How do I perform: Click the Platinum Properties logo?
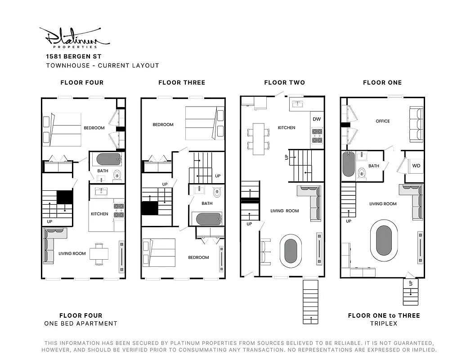(x=74, y=37)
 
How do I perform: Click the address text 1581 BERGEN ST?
(x=73, y=57)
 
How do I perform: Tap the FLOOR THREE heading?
(x=182, y=82)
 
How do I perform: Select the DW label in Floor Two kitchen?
(x=317, y=119)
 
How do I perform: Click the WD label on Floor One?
(x=416, y=166)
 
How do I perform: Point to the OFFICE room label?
(x=383, y=121)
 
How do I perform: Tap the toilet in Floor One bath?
(x=362, y=172)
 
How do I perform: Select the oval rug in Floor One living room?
(x=384, y=240)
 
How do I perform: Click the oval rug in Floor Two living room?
(x=291, y=249)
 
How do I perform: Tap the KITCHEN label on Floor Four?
(x=99, y=214)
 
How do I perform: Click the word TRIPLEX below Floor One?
(x=384, y=324)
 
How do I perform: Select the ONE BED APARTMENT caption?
(x=81, y=324)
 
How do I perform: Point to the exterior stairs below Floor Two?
(x=311, y=301)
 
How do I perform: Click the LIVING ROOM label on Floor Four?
(x=72, y=253)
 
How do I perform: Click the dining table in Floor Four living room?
(x=99, y=254)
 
